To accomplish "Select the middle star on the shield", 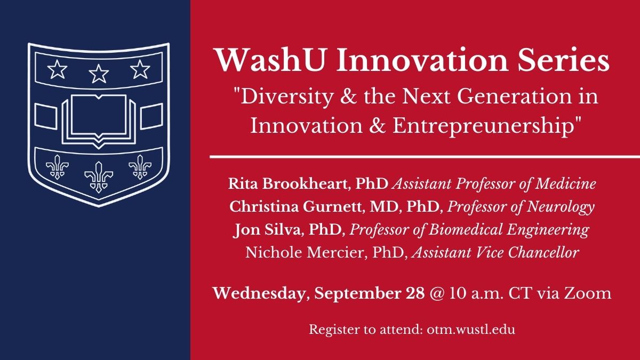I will point(98,73).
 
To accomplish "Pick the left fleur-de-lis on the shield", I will point(57,167).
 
